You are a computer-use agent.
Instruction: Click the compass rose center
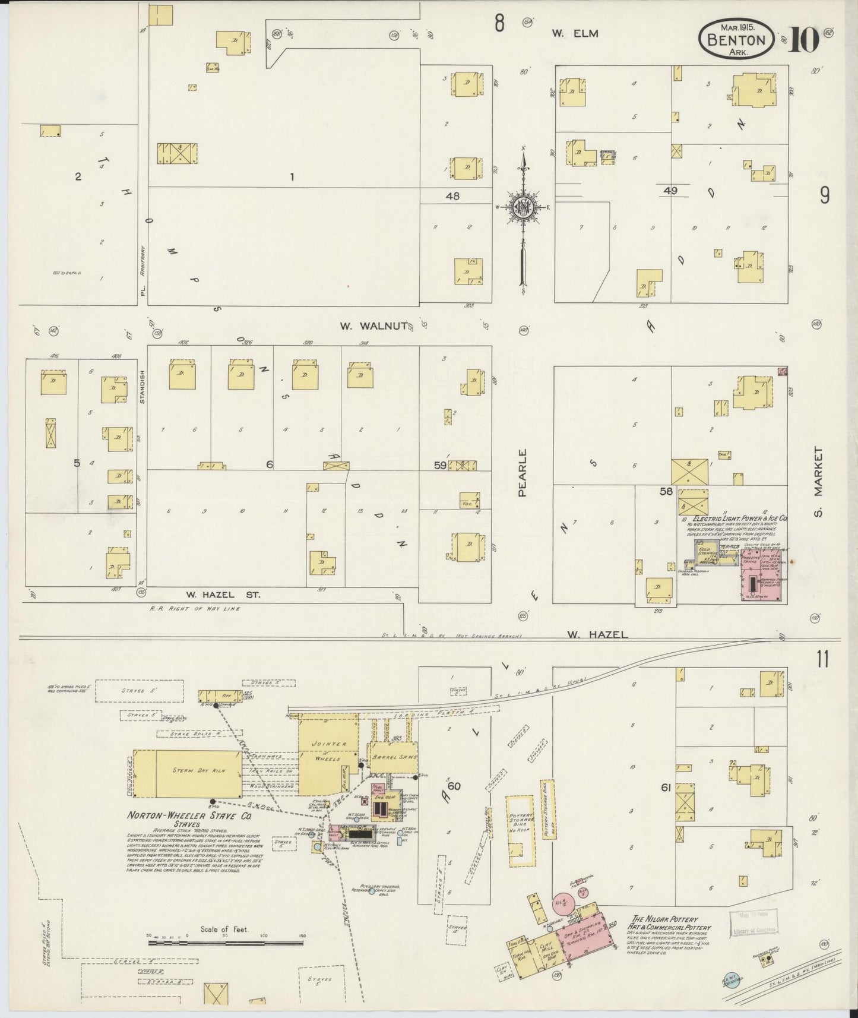(523, 207)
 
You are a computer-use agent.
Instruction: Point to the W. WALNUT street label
(373, 325)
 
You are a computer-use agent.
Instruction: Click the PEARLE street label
(523, 472)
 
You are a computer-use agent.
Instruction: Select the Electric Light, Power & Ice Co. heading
(736, 519)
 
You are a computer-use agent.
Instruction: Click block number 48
(452, 196)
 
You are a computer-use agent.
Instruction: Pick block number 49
(670, 191)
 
